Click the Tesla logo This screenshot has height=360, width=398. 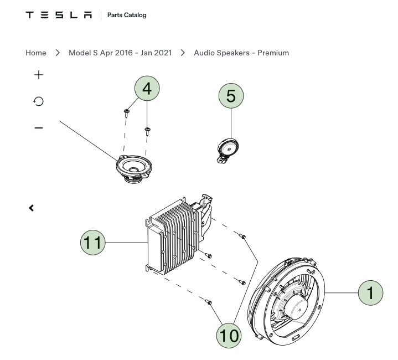59,15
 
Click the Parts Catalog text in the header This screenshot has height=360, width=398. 127,15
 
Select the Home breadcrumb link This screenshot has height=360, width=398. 36,53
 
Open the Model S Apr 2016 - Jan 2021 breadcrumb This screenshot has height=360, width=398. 120,53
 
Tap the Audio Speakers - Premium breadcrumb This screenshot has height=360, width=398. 241,53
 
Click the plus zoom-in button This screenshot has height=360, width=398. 39,75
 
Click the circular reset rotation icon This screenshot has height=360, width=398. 39,101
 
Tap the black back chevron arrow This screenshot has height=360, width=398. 31,208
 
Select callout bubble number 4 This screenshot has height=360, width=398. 147,89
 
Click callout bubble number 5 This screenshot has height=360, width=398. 231,96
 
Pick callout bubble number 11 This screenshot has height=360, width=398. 92,243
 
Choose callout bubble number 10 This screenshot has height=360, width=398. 229,336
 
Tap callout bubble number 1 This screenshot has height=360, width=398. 370,293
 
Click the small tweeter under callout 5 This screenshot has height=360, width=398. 228,150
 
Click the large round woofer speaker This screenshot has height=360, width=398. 287,301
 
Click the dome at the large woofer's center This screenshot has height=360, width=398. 296,308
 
